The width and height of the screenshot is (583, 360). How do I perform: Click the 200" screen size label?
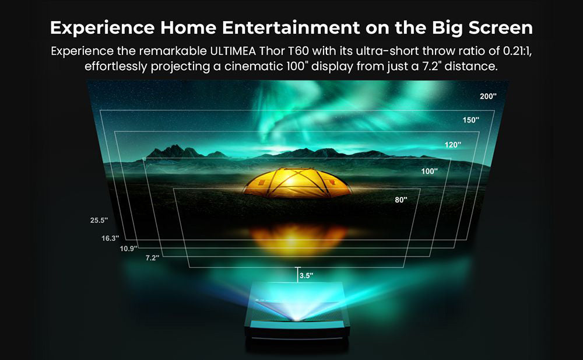488,96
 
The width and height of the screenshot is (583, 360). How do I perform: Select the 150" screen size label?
470,120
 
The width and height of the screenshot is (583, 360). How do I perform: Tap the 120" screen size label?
452,144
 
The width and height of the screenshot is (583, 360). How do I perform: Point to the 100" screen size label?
430,172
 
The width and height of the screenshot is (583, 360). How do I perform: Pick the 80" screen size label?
401,200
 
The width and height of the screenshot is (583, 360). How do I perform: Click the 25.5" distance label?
99,221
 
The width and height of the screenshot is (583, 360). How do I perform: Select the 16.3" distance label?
110,238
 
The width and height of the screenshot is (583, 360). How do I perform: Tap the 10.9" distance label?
128,249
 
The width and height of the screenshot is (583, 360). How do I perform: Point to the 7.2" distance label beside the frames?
152,258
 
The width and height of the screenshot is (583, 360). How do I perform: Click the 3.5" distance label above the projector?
305,275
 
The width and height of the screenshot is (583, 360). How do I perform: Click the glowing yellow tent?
297,183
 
